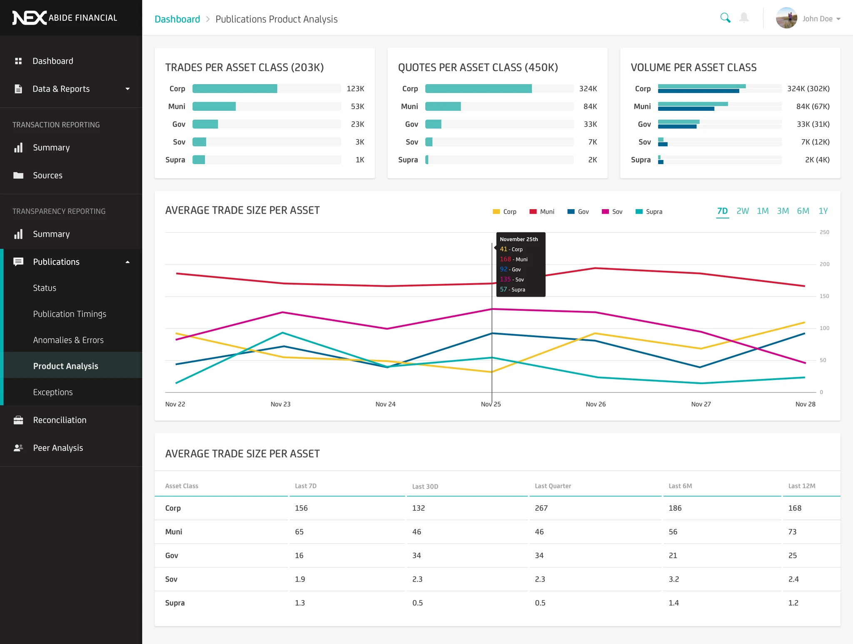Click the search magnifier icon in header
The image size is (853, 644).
point(725,18)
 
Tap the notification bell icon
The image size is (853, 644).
point(744,18)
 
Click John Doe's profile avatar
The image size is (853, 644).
point(786,18)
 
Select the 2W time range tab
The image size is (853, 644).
point(742,211)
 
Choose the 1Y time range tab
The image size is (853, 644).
point(823,211)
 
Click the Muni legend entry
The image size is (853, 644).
point(542,212)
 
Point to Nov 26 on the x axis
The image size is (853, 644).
point(596,404)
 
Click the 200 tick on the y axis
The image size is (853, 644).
point(824,264)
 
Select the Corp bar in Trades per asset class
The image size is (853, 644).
point(235,89)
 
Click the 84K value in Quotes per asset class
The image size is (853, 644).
point(590,107)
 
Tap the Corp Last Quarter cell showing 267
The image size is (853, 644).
point(541,508)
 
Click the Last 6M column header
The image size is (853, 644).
point(680,486)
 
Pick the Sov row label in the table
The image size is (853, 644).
point(171,579)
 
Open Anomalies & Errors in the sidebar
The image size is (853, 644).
point(68,340)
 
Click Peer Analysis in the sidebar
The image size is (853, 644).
point(58,448)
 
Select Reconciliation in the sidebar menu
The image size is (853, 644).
point(60,420)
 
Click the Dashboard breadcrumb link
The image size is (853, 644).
point(177,19)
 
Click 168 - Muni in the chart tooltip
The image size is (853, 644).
point(514,259)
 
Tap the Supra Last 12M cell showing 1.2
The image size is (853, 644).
point(793,603)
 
